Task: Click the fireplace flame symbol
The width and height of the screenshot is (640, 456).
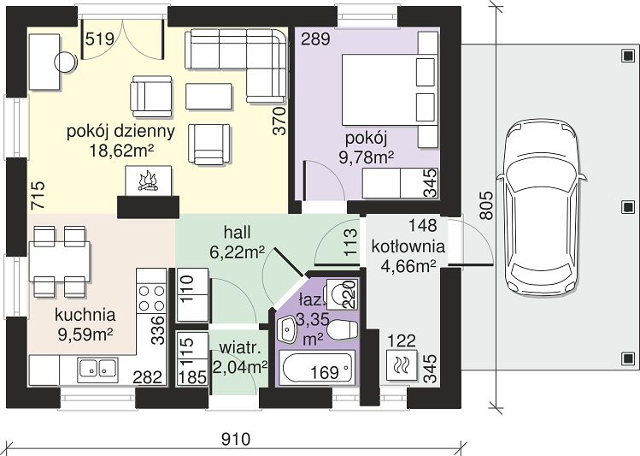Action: click(148, 181)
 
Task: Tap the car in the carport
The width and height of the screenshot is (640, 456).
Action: click(541, 209)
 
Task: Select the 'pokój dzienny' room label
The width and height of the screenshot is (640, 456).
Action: click(120, 132)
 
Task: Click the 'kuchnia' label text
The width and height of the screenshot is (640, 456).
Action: click(85, 315)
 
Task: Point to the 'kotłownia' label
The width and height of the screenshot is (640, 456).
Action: click(408, 246)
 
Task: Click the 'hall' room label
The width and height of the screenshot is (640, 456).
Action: click(238, 233)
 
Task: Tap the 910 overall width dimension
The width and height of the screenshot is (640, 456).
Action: click(236, 440)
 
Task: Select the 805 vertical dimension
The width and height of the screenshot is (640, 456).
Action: click(486, 205)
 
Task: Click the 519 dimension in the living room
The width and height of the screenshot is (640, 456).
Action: click(100, 39)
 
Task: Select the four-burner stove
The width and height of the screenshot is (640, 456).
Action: click(151, 298)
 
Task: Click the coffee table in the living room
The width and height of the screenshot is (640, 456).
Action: click(208, 97)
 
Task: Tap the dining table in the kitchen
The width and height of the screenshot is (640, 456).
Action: click(60, 262)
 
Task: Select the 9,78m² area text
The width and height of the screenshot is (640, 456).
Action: click(367, 157)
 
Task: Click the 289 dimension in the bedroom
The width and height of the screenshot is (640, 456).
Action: click(315, 39)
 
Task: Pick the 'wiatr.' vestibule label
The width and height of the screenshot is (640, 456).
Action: click(240, 348)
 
